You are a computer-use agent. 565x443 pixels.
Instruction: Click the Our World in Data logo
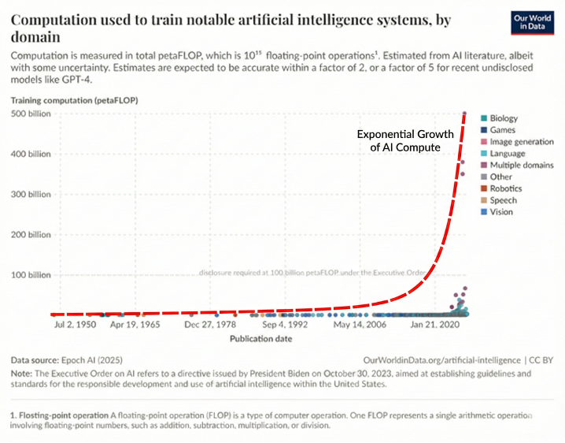[x=532, y=23]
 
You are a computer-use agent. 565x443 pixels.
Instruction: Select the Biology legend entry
[x=500, y=118]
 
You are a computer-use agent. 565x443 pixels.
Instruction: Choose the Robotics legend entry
[x=501, y=188]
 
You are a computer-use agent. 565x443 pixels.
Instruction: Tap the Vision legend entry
[x=497, y=212]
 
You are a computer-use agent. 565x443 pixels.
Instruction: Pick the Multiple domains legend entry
[x=518, y=165]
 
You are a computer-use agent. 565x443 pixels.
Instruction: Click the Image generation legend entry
[x=518, y=142]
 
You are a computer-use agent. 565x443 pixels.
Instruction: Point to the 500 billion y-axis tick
[x=31, y=114]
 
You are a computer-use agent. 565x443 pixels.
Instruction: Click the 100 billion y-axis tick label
[x=31, y=275]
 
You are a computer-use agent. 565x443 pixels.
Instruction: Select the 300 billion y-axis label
[x=31, y=194]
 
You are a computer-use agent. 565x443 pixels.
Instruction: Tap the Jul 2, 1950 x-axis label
[x=76, y=325]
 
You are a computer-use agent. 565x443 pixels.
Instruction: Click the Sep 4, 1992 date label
[x=285, y=325]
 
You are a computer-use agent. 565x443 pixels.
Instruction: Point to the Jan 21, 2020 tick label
[x=435, y=325]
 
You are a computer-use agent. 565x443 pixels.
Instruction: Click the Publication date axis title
[x=261, y=339]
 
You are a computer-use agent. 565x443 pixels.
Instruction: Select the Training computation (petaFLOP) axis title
[x=74, y=100]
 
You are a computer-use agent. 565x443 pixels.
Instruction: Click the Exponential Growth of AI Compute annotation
[x=405, y=140]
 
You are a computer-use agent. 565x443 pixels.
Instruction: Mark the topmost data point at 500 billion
[x=464, y=114]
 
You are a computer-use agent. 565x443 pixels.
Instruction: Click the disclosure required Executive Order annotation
[x=312, y=273]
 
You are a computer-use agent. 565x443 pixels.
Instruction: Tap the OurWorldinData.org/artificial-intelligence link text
[x=441, y=360]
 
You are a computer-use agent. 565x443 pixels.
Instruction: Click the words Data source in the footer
[x=35, y=360]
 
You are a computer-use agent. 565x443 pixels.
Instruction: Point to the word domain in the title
[x=35, y=37]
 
